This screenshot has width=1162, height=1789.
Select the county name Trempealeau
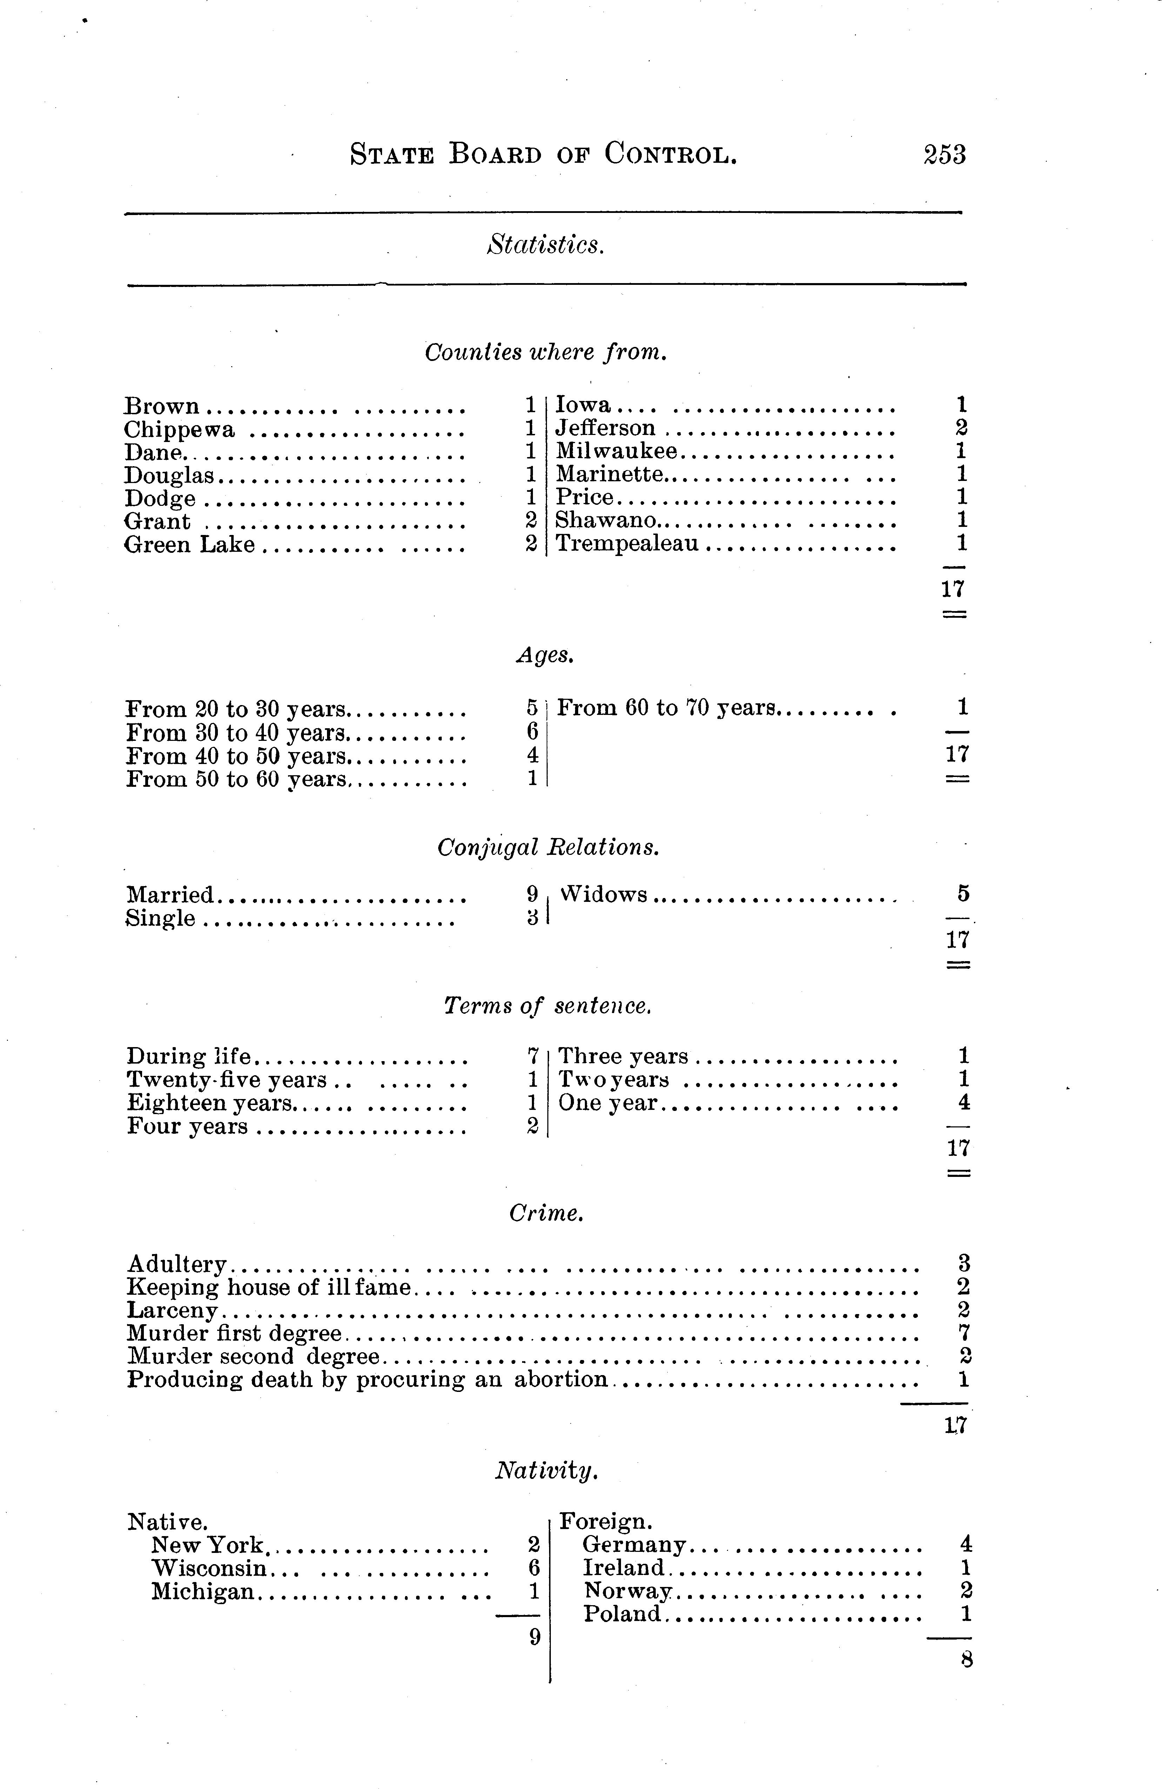click(x=627, y=543)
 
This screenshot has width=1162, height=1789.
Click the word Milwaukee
click(x=616, y=451)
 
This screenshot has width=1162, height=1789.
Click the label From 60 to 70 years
click(x=666, y=708)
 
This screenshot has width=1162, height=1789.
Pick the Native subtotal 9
click(x=534, y=1636)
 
